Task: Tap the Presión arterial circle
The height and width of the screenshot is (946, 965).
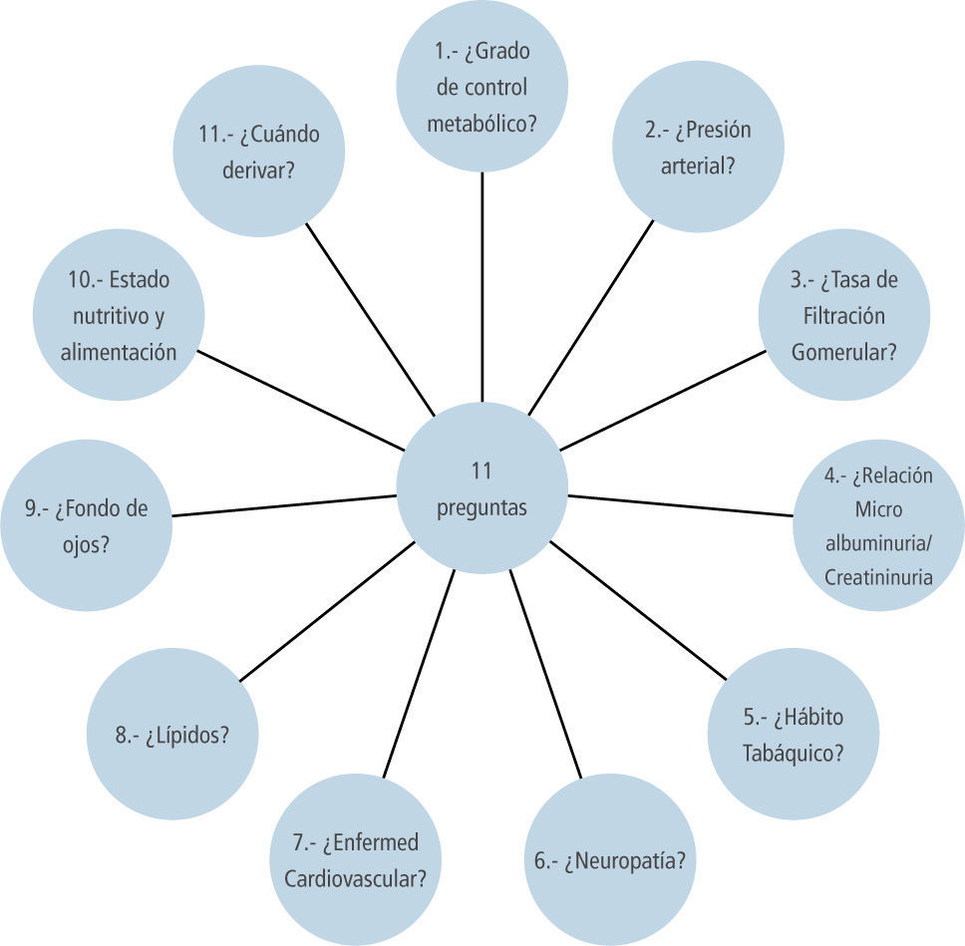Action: tap(698, 148)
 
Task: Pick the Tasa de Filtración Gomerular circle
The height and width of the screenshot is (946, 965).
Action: tap(843, 315)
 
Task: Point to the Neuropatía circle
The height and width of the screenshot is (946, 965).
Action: tap(609, 860)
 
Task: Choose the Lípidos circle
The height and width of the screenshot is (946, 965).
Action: tap(173, 736)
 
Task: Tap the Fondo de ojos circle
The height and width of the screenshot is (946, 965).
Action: tap(86, 525)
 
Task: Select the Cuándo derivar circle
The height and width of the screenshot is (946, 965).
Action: tap(259, 152)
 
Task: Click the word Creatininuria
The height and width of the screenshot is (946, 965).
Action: tap(878, 577)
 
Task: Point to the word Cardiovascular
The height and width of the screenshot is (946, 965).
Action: tap(356, 878)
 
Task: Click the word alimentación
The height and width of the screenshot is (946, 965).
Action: tap(119, 352)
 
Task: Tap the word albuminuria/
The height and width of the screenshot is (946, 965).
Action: tap(878, 543)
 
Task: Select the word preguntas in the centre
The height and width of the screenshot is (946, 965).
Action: tap(482, 507)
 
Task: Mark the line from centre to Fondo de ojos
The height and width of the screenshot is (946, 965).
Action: tap(284, 505)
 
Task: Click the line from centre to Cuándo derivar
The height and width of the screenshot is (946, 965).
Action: tap(370, 319)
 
